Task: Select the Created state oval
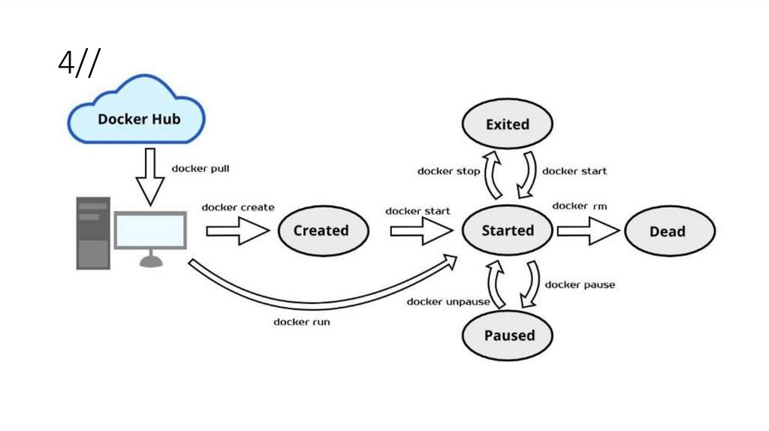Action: point(321,231)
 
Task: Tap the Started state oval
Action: point(508,231)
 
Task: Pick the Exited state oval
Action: point(508,125)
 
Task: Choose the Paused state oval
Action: point(508,335)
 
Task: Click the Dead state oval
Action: point(668,231)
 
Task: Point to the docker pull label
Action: point(201,168)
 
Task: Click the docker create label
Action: point(237,207)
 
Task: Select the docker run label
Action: point(301,321)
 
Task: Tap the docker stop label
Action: point(448,171)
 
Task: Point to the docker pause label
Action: point(580,285)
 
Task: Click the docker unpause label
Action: point(448,302)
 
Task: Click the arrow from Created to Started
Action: point(419,231)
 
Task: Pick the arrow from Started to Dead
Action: point(588,231)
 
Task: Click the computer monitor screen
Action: point(150,230)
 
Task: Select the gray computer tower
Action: point(92,233)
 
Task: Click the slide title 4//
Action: point(77,65)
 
